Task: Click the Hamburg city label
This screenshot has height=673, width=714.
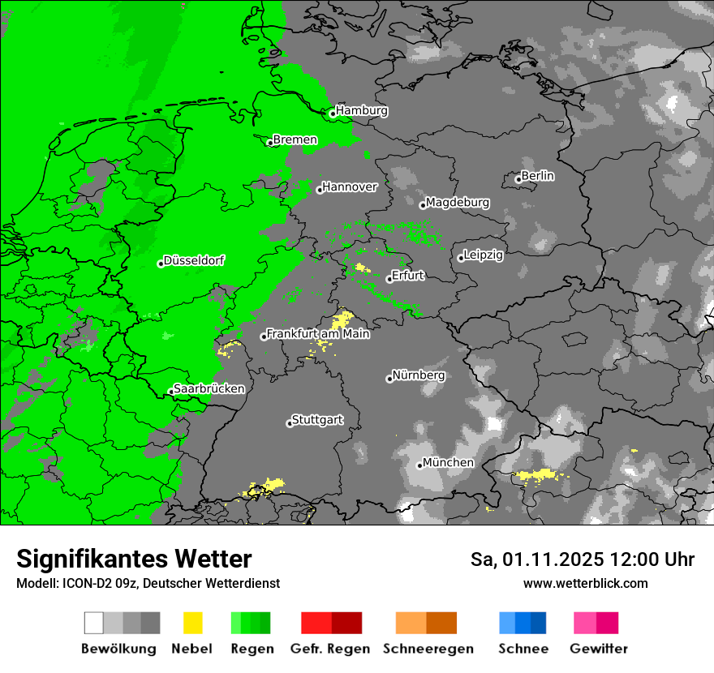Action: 362,110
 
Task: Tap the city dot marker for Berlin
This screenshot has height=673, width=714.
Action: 518,179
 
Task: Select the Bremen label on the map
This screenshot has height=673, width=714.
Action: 295,139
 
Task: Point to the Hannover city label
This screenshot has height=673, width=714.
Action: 350,186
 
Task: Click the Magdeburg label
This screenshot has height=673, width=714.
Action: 458,202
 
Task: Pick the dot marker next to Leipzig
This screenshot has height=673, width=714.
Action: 461,258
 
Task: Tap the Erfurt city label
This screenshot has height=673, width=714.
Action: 408,276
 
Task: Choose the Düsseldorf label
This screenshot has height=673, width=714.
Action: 194,260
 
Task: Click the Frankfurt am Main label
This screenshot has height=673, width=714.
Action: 318,333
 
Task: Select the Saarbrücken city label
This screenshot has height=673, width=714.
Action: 209,388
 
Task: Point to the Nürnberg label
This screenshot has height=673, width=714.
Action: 419,375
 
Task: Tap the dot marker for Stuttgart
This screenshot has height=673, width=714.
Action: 290,423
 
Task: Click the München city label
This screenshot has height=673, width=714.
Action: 448,462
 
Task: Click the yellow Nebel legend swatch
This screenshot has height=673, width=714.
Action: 192,623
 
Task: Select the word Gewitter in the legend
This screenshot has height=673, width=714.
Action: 599,649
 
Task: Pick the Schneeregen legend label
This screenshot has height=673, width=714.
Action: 428,649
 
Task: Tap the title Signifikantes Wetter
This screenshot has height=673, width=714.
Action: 134,559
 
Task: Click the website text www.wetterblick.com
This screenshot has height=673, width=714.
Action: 585,583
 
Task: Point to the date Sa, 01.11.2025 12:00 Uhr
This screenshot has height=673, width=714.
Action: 582,559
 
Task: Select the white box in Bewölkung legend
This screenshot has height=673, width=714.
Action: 94,623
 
